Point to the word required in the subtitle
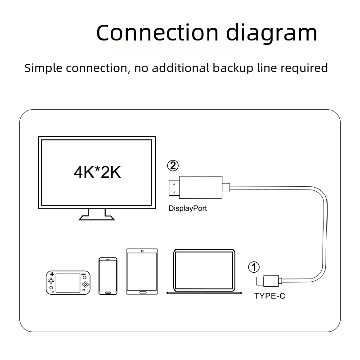(304, 68)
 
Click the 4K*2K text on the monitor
(97, 172)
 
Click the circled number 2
(173, 165)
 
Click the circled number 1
(254, 267)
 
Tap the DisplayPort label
(188, 208)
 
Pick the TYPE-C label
(270, 296)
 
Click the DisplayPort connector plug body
(200, 187)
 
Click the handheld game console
(68, 283)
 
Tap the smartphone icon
(108, 276)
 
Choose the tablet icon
(142, 271)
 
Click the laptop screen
(204, 270)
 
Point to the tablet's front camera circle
(142, 251)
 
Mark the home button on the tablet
(142, 292)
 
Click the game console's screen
(68, 282)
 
